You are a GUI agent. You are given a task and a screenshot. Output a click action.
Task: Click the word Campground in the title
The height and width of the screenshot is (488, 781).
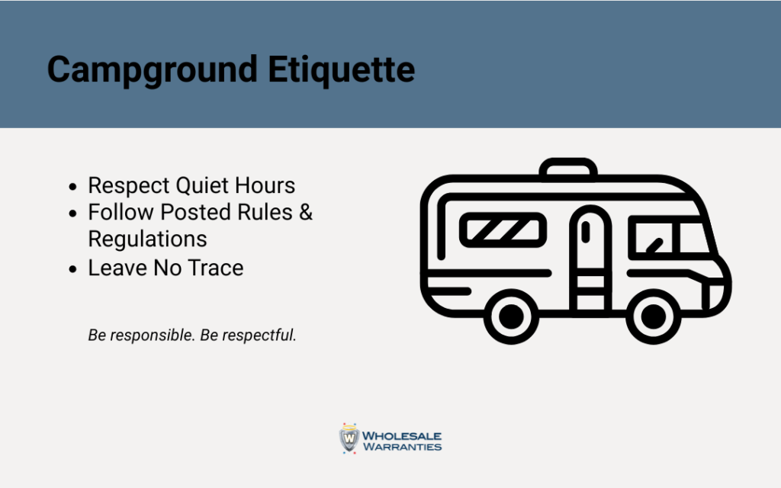[151, 70]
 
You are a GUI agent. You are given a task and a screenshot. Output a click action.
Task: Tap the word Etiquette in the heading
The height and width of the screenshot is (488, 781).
[342, 70]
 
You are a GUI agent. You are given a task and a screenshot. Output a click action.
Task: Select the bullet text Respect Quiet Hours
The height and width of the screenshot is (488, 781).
[191, 185]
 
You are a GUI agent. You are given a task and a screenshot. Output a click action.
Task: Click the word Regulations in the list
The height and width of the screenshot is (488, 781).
[147, 239]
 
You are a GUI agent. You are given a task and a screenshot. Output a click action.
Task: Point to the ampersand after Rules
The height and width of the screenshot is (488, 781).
[305, 212]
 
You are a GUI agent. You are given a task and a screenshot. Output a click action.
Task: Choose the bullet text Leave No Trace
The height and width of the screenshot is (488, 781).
[166, 268]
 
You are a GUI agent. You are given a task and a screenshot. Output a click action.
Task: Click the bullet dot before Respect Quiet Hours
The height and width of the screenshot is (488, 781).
[72, 187]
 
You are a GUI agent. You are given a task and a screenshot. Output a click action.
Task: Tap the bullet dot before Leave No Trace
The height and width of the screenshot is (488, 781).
[72, 269]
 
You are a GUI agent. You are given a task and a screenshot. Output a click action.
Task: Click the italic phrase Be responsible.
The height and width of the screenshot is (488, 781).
[141, 335]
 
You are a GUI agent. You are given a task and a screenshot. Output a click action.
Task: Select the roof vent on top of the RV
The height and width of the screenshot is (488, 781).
[568, 169]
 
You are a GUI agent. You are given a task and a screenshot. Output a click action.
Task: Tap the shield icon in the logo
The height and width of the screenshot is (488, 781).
[349, 438]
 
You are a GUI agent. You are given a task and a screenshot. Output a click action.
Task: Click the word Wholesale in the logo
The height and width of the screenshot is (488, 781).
[402, 435]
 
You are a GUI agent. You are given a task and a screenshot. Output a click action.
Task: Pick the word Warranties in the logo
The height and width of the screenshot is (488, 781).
[402, 447]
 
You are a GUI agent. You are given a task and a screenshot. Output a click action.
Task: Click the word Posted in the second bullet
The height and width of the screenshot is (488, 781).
[204, 212]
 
